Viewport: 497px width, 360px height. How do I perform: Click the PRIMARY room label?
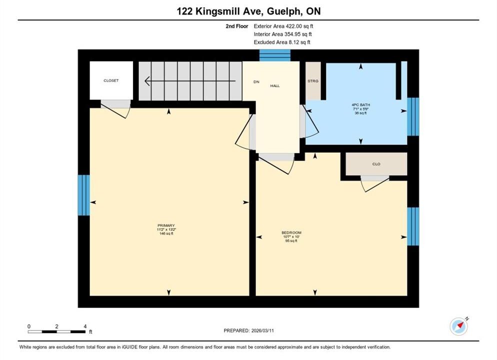pyautogui.click(x=166, y=225)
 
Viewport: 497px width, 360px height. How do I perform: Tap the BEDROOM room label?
pyautogui.click(x=291, y=232)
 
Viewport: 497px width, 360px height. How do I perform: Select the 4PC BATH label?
pyautogui.click(x=360, y=105)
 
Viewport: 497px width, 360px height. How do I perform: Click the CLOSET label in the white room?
pyautogui.click(x=111, y=80)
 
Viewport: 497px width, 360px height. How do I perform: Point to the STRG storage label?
pyautogui.click(x=313, y=81)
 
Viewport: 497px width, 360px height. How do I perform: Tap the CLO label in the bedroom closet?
pyautogui.click(x=376, y=164)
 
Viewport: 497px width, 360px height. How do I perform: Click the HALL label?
pyautogui.click(x=275, y=86)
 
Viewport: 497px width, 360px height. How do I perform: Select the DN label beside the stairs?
pyautogui.click(x=256, y=82)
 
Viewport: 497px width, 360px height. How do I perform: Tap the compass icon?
pyautogui.click(x=458, y=326)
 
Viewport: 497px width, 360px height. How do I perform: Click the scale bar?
pyautogui.click(x=56, y=332)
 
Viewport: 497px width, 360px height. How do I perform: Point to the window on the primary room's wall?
pyautogui.click(x=83, y=195)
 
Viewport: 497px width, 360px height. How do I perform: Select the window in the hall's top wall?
pyautogui.click(x=275, y=55)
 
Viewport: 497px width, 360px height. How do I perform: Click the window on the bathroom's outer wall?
pyautogui.click(x=413, y=116)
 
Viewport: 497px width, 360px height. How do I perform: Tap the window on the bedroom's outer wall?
pyautogui.click(x=413, y=226)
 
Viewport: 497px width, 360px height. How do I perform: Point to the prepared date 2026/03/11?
pyautogui.click(x=263, y=330)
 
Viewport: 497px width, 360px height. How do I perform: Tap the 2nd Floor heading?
pyautogui.click(x=237, y=26)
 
